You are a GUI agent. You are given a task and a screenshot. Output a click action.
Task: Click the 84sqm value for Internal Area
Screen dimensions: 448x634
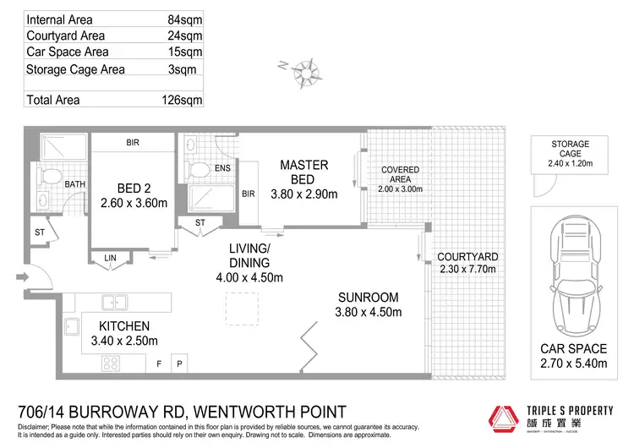tap(185, 19)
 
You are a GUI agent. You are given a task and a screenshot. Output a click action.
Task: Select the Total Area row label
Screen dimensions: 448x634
tap(55, 100)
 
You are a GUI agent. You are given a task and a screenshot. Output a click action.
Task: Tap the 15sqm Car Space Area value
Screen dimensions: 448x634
tap(185, 52)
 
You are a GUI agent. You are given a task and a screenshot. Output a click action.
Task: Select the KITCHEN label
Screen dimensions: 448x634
tap(124, 325)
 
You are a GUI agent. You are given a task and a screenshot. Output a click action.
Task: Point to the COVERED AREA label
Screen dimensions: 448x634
tap(400, 176)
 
